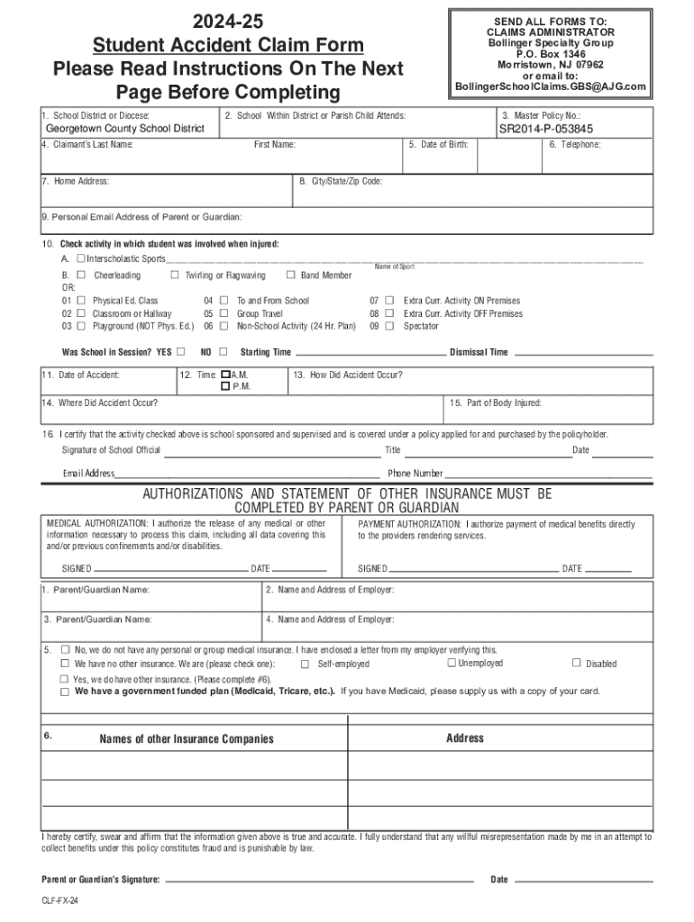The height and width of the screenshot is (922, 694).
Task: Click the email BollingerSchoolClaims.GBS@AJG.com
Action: click(551, 86)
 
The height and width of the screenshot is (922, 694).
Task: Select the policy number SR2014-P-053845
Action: click(546, 129)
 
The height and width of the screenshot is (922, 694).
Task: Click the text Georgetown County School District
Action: click(125, 129)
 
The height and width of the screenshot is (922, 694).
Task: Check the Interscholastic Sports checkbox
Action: click(82, 259)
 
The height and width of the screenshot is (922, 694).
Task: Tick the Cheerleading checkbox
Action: click(82, 276)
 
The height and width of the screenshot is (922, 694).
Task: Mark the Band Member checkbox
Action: click(290, 276)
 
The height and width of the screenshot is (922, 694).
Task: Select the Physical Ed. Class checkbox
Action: click(82, 301)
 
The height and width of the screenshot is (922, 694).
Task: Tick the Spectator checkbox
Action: click(390, 326)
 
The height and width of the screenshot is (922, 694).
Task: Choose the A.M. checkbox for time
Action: click(225, 374)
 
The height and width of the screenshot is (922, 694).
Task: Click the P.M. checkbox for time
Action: click(225, 386)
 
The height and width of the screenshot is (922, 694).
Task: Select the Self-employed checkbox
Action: click(305, 664)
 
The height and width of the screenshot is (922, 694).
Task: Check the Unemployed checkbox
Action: click(451, 663)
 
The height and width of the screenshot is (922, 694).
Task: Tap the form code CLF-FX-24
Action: click(59, 910)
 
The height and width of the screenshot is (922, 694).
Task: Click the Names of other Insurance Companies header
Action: click(187, 739)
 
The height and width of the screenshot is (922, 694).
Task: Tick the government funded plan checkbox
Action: click(65, 692)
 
